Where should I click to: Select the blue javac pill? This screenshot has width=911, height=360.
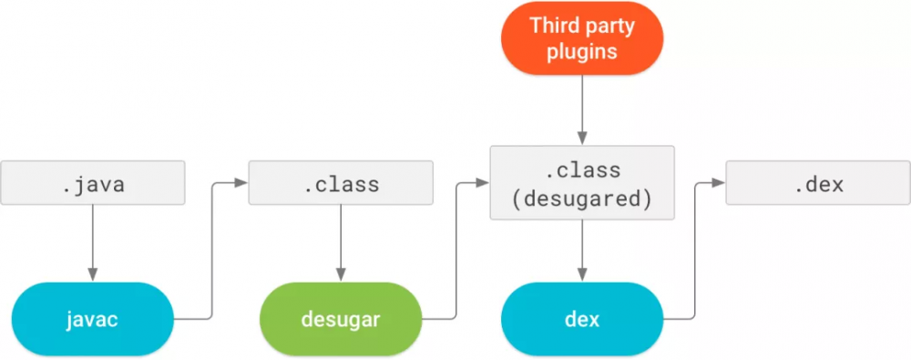click(x=92, y=318)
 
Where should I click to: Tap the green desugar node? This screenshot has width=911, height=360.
click(x=342, y=318)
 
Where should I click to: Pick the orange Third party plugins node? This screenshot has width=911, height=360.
click(x=582, y=38)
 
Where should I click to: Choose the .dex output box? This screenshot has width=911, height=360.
click(x=818, y=183)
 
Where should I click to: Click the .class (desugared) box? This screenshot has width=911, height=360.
click(x=582, y=183)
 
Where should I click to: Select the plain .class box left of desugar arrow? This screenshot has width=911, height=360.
click(x=341, y=183)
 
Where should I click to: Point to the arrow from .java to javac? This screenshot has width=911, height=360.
click(x=92, y=242)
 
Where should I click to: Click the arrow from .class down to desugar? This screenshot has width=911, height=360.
click(x=341, y=242)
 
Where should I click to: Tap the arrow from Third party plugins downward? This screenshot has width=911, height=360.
click(x=582, y=109)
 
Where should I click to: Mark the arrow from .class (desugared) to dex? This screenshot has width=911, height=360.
click(x=582, y=251)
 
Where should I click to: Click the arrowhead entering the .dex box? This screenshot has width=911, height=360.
click(x=719, y=183)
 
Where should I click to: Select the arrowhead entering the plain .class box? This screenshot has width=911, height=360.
click(x=241, y=183)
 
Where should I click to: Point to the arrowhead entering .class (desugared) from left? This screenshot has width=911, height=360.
click(x=483, y=183)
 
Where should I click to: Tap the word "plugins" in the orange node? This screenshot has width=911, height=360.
click(x=582, y=51)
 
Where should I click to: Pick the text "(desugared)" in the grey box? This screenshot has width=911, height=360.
click(x=582, y=198)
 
